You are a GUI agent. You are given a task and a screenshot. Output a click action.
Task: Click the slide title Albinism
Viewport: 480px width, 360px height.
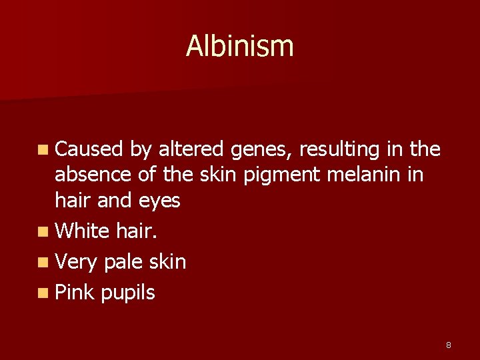point(239,46)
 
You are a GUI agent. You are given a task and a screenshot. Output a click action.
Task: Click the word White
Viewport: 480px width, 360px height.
point(83,231)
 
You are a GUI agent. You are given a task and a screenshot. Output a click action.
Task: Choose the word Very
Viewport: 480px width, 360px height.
point(77,262)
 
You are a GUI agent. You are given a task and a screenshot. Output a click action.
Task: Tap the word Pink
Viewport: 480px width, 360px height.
point(75,292)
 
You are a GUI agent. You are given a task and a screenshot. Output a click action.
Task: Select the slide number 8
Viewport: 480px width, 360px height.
point(449,345)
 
